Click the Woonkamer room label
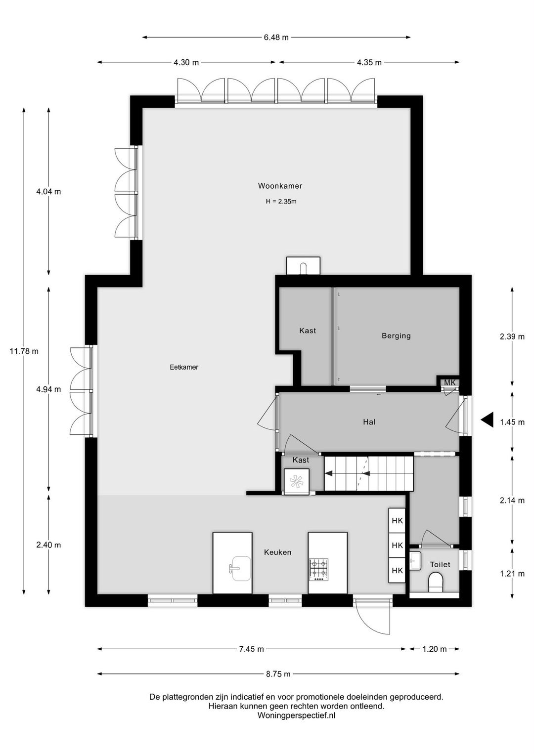coord(280,186)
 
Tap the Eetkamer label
coord(184,367)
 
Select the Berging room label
coord(396,336)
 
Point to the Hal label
coord(369,422)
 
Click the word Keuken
coord(277,552)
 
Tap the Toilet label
coord(440,564)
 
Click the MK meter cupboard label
coord(450,383)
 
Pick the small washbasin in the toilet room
coord(415,561)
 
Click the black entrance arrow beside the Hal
coord(487,420)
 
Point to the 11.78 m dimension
coord(24,351)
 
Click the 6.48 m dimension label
coord(276,38)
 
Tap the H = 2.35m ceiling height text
coord(281,202)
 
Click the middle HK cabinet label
coord(397,545)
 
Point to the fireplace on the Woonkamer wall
coord(303,266)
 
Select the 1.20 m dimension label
coord(435,649)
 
